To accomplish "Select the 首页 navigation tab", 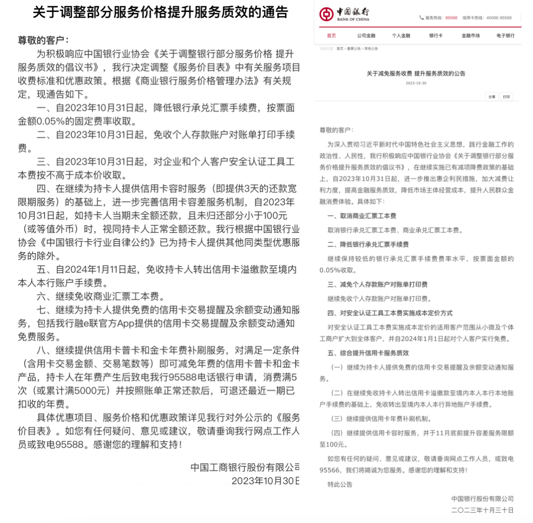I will point(331,36).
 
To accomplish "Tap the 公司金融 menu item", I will point(366,36).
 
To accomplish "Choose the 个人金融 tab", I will point(401,36).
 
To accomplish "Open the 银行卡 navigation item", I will point(435,36).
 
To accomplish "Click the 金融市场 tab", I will point(470,36).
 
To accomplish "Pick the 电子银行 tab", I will point(505,36).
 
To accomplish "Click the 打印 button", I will point(506,97).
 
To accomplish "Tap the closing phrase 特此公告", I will point(340,484).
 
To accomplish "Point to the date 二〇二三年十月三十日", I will point(483,510).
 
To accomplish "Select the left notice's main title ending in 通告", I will point(160,12).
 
